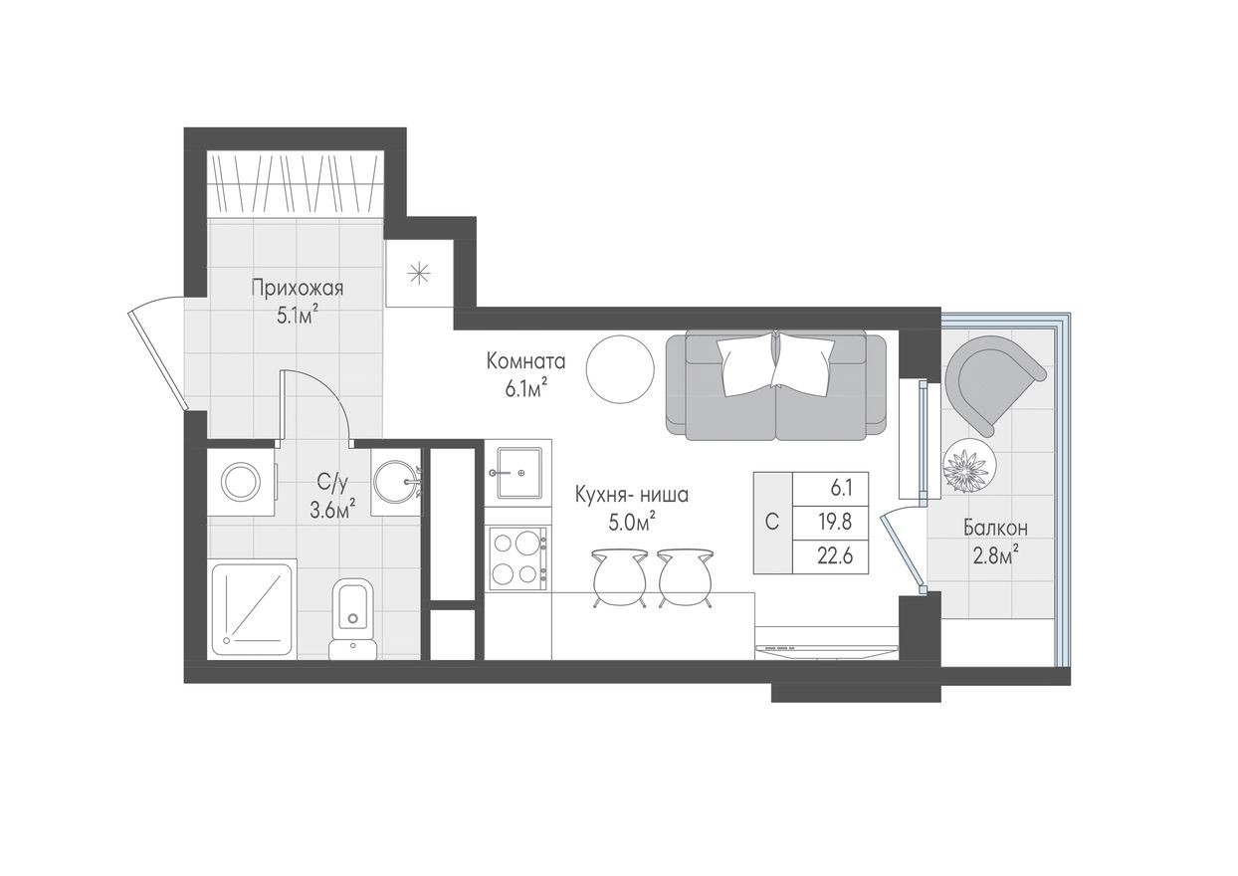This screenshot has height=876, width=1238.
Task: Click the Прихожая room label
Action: pyautogui.click(x=297, y=290)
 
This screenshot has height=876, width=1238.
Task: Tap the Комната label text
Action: pyautogui.click(x=526, y=360)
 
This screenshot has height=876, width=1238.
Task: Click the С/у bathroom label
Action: pyautogui.click(x=332, y=484)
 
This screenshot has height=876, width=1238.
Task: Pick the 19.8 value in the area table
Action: pyautogui.click(x=828, y=521)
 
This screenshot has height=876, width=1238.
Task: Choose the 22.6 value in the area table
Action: pyautogui.click(x=828, y=555)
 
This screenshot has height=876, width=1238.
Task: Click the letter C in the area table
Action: pyautogui.click(x=771, y=523)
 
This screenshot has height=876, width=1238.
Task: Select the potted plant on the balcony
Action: pyautogui.click(x=969, y=466)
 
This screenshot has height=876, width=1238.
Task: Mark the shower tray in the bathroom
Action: pyautogui.click(x=253, y=607)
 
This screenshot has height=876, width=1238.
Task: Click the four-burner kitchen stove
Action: pyautogui.click(x=517, y=558)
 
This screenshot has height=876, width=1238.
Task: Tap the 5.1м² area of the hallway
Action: pyautogui.click(x=298, y=316)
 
